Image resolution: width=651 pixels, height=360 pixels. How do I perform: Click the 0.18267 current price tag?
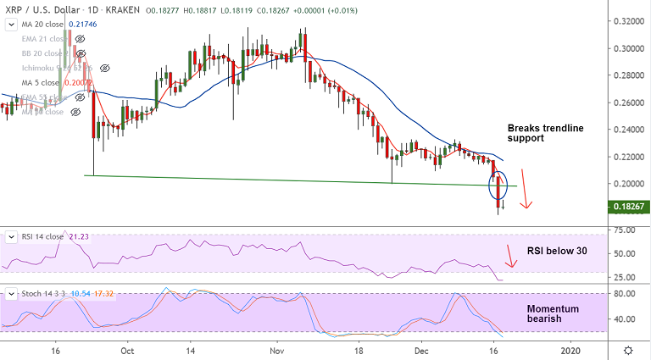629,207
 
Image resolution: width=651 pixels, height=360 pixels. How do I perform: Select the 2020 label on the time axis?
570,350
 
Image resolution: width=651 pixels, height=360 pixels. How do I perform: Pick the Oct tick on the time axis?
127,350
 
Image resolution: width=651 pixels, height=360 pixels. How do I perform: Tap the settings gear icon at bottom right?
628,350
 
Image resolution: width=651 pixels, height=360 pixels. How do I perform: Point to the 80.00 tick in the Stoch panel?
625,294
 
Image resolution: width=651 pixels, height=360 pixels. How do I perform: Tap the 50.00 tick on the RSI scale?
625,253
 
